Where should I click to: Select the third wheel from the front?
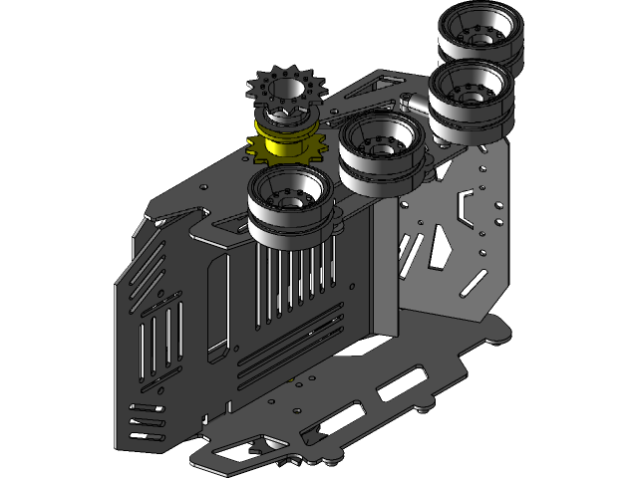click(469, 95)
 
